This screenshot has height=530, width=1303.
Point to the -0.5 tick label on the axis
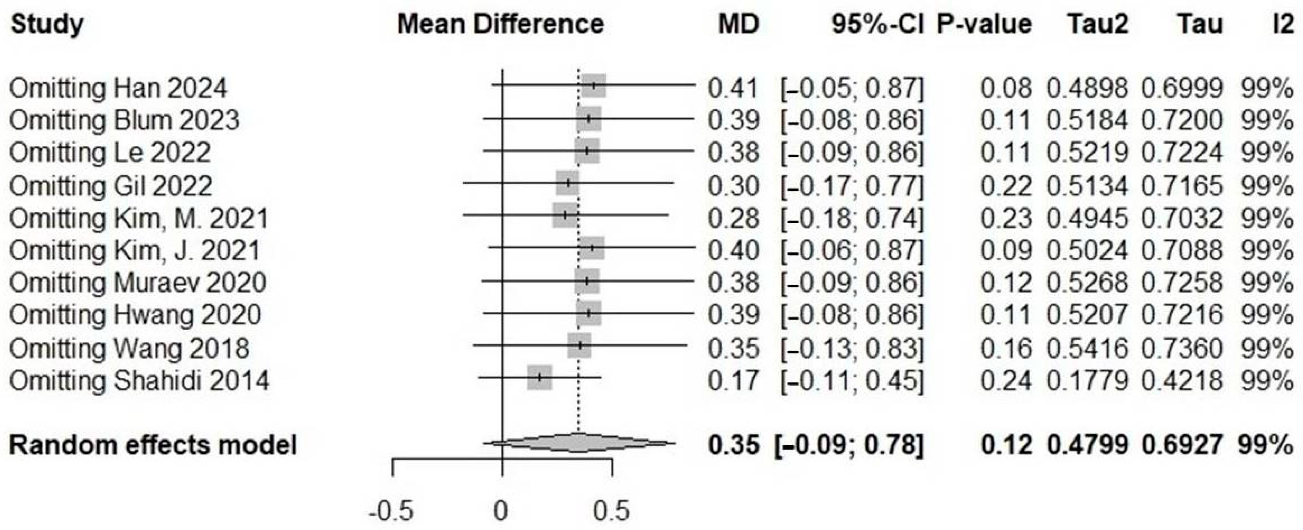[391, 511]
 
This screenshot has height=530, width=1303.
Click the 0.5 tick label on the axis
[612, 511]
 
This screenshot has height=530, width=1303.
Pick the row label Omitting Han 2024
[118, 88]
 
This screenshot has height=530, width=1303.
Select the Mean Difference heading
[500, 24]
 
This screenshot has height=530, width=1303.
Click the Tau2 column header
[1097, 24]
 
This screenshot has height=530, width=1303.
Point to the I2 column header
[1282, 24]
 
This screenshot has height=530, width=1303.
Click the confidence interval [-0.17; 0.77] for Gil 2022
[852, 186]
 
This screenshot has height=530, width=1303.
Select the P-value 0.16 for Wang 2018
[1006, 348]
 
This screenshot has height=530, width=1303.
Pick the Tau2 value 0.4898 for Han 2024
[1087, 88]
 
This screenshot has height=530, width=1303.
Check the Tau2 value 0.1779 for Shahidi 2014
[1087, 380]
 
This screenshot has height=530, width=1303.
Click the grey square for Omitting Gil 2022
[567, 183]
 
